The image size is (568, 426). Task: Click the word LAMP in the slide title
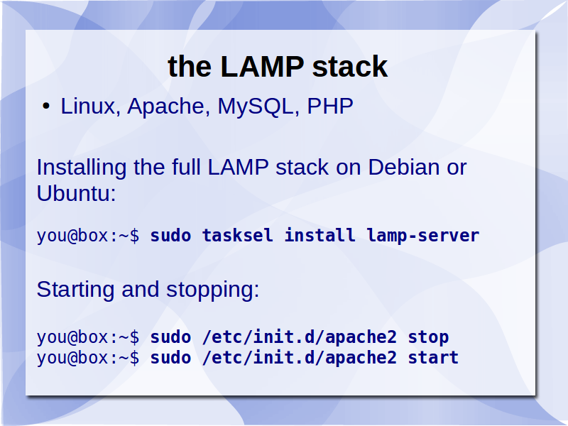coord(262,66)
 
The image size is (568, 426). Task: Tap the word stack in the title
coord(350,66)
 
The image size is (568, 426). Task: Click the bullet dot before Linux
coord(46,106)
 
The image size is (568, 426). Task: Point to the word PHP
coord(330,106)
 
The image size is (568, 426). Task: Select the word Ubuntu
coord(76,192)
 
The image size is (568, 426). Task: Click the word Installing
coord(82,168)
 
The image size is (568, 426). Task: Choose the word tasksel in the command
coord(237,236)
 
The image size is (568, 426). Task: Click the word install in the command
coord(319,235)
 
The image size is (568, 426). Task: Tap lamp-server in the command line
coord(422,236)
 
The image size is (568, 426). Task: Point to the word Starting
coord(75,290)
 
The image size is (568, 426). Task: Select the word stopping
coord(212,290)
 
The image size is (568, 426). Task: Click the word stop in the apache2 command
coord(429,338)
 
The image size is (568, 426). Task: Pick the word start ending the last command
coord(433,358)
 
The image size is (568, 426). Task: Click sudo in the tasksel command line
coord(170,236)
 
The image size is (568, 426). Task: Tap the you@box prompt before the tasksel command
coord(87,236)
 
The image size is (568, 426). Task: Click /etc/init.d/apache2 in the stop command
coord(299,337)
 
